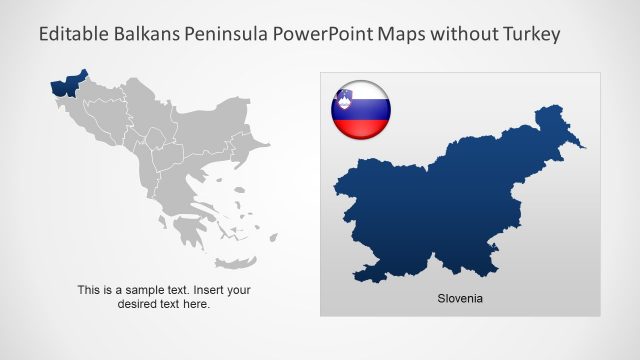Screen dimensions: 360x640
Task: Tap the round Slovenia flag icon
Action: (361, 107)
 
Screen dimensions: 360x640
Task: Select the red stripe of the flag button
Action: (361, 126)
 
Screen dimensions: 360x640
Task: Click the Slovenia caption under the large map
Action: (460, 298)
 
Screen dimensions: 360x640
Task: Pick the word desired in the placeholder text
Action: (138, 304)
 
